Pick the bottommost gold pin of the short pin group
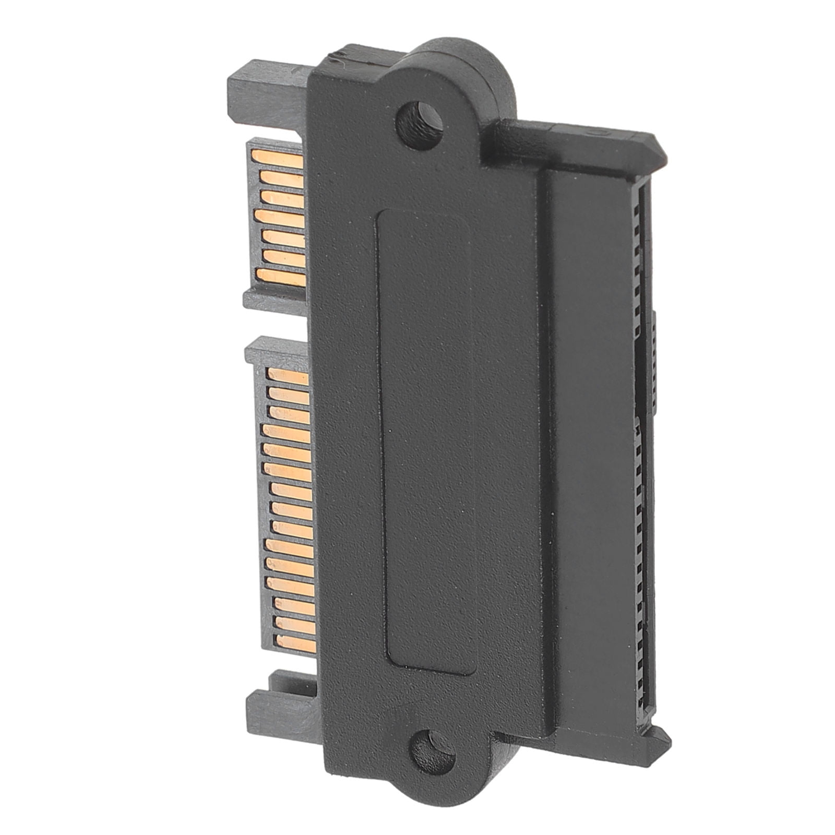282,278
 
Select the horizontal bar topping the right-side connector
574,141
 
